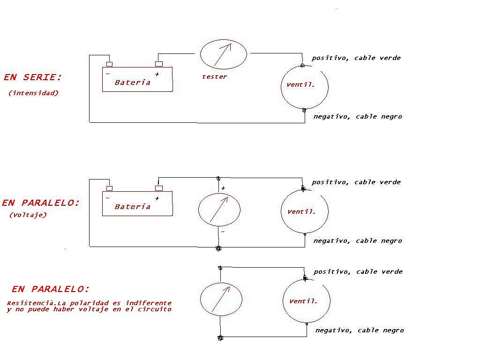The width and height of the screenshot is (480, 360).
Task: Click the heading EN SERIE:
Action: tap(33, 77)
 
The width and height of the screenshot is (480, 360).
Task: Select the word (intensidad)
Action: tap(33, 93)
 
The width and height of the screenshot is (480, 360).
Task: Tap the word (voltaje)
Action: tap(28, 215)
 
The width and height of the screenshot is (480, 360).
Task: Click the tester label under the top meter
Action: tap(214, 77)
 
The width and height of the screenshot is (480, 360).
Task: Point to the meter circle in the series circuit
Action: tap(201, 54)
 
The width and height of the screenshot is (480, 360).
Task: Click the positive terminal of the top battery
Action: tap(159, 64)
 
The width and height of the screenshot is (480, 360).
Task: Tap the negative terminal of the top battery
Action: tap(109, 64)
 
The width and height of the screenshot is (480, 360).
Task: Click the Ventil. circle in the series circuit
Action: tap(281, 87)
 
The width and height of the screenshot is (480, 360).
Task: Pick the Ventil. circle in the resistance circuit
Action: tap(283, 301)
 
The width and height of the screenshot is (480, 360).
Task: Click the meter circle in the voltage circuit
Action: tap(198, 210)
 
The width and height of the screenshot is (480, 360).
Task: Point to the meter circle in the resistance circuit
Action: tap(200, 299)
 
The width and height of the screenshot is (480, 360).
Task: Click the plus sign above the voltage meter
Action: tap(223, 188)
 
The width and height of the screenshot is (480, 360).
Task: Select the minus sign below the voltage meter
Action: tap(223, 232)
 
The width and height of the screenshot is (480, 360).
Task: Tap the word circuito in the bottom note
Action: tap(154, 309)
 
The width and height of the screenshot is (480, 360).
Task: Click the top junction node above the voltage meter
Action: tap(218, 178)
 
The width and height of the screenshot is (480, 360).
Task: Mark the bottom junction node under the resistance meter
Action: tap(220, 338)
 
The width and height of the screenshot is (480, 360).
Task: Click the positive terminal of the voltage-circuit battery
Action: tap(159, 188)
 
